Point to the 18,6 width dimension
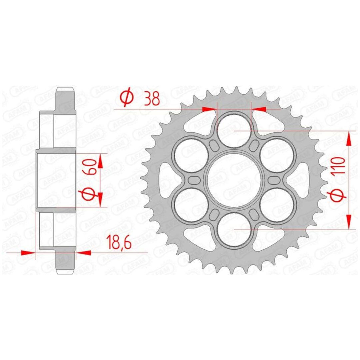tap(120, 243)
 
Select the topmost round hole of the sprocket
tap(234, 130)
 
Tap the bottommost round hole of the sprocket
tap(234, 229)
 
